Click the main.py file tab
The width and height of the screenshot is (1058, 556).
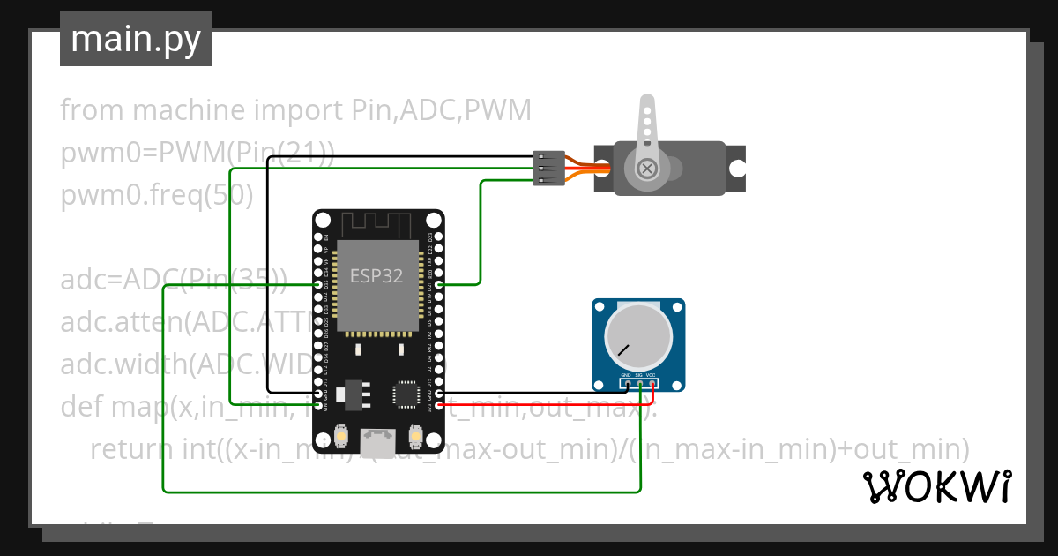point(135,39)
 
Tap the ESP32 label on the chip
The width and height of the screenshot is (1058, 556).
point(376,276)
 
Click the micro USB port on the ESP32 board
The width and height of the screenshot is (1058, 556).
point(379,436)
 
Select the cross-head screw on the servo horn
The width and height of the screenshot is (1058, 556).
point(648,168)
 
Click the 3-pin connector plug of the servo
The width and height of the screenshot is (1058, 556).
point(548,168)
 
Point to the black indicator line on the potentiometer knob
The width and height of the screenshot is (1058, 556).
point(623,350)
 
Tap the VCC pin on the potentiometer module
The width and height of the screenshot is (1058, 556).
point(652,384)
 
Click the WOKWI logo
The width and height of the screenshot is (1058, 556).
point(937,487)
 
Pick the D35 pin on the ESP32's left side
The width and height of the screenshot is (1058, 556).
point(318,284)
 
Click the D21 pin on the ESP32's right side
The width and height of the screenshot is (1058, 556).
point(439,284)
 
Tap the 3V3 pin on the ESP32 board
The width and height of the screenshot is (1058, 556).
point(439,406)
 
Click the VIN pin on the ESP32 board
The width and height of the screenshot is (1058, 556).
point(318,406)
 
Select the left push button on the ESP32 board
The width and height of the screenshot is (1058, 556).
point(340,436)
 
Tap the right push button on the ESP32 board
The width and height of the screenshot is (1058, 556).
point(416,436)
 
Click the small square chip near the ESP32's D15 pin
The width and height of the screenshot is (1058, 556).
point(406,393)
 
